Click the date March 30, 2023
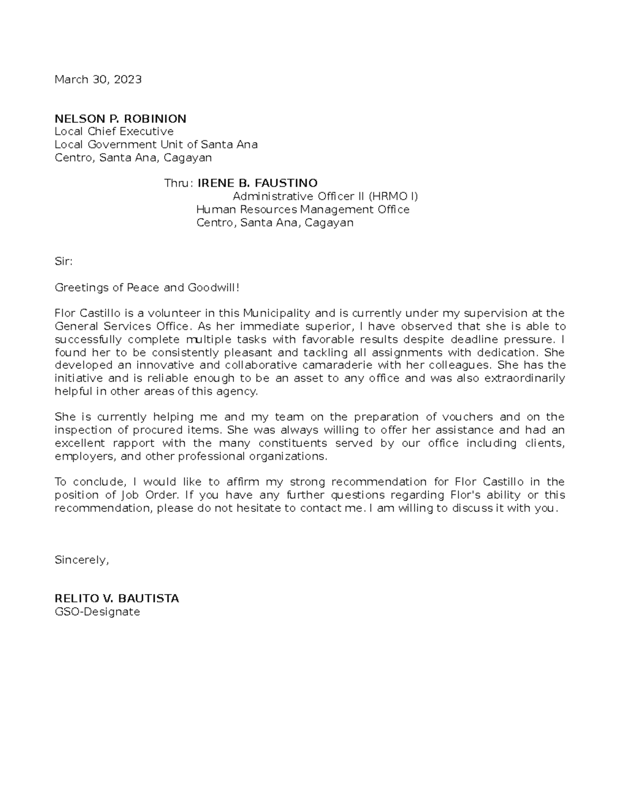[x=98, y=80]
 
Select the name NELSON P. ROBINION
[x=121, y=119]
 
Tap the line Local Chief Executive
[x=114, y=131]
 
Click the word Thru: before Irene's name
[x=179, y=184]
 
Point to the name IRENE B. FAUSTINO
[x=258, y=184]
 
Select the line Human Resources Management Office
[x=303, y=209]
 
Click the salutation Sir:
[x=64, y=262]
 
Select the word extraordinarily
[x=524, y=378]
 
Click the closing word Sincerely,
[x=82, y=560]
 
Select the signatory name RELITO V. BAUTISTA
[x=117, y=599]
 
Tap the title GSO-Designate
[x=97, y=612]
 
